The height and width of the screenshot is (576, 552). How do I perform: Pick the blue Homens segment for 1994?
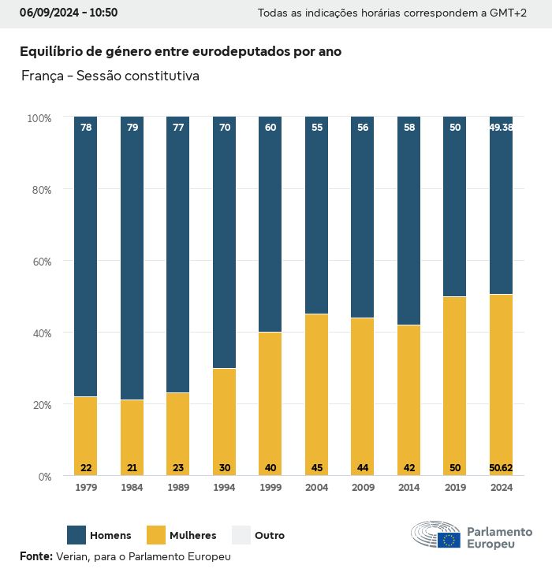(225, 244)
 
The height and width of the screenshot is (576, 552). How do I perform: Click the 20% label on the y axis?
(39, 405)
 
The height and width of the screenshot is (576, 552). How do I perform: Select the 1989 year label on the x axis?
(178, 488)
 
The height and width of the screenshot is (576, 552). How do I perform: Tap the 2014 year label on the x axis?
(409, 488)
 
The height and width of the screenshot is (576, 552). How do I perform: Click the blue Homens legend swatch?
(76, 535)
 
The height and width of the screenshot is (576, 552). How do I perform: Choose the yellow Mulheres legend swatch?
(156, 535)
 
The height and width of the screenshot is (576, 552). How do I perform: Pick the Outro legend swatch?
(241, 535)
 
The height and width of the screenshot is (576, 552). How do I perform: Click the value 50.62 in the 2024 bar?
(501, 468)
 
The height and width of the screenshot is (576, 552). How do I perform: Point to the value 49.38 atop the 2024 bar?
(501, 128)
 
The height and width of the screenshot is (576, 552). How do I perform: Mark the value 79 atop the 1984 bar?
(132, 128)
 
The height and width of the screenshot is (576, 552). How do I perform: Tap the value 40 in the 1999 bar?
(270, 468)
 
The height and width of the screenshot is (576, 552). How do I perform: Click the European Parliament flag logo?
(449, 540)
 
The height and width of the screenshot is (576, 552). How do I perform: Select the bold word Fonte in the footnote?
(36, 556)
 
